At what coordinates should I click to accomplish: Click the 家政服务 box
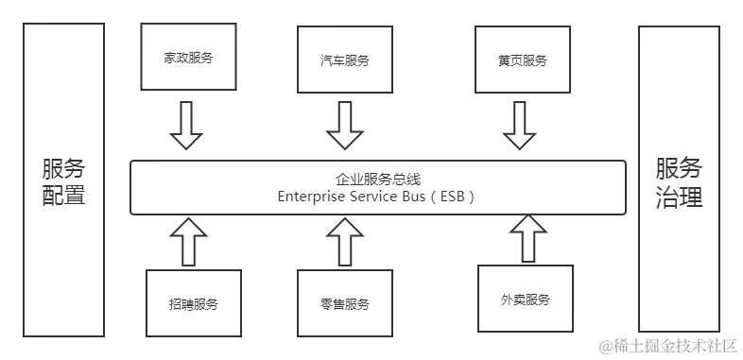pyautogui.click(x=188, y=58)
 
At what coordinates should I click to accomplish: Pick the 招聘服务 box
pyautogui.click(x=193, y=304)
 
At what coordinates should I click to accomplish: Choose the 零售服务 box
pyautogui.click(x=344, y=304)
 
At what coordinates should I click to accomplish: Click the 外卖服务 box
pyautogui.click(x=525, y=300)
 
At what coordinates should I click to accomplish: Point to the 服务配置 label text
pyautogui.click(x=63, y=182)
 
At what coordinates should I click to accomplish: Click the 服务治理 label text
pyautogui.click(x=679, y=182)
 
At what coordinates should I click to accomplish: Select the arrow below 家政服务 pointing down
pyautogui.click(x=187, y=125)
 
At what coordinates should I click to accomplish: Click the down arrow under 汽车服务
pyautogui.click(x=345, y=125)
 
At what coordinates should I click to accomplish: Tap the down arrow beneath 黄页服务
pyautogui.click(x=520, y=125)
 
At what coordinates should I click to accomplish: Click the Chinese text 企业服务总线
pyautogui.click(x=376, y=179)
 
